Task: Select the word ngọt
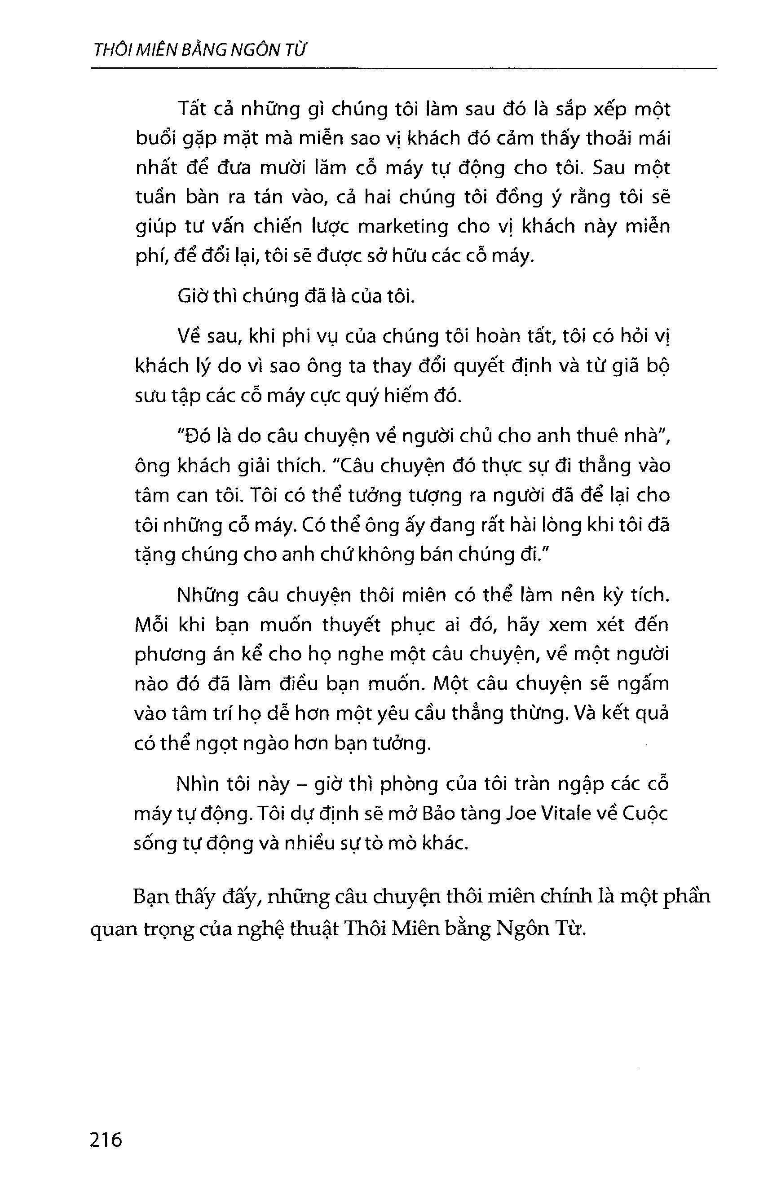(x=236, y=745)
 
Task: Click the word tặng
(x=156, y=556)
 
